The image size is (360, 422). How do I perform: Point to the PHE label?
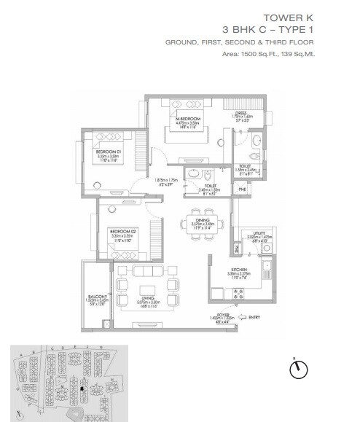pyautogui.click(x=242, y=189)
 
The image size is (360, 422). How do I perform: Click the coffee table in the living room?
pyautogui.click(x=146, y=286)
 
